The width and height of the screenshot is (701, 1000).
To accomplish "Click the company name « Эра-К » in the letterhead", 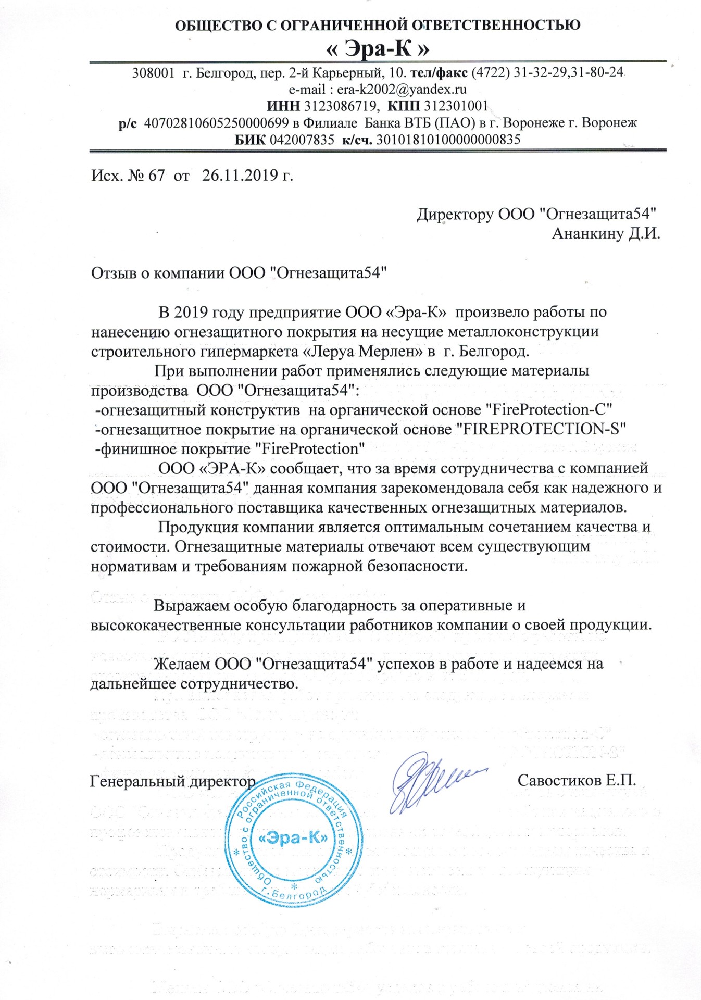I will tap(378, 49).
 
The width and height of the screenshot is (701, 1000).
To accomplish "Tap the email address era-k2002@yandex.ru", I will tap(402, 89).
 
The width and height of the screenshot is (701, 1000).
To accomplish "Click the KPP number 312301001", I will tap(456, 106).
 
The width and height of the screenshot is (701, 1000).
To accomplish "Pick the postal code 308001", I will tap(153, 73).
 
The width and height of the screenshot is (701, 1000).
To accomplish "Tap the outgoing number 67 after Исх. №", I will tap(156, 176).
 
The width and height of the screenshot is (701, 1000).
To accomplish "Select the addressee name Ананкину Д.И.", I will tap(606, 233).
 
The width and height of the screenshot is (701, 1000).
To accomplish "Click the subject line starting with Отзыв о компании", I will tap(239, 273).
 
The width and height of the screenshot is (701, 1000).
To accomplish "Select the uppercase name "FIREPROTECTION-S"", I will tap(540, 429).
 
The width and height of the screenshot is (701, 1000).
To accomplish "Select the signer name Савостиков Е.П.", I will tap(577, 781).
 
